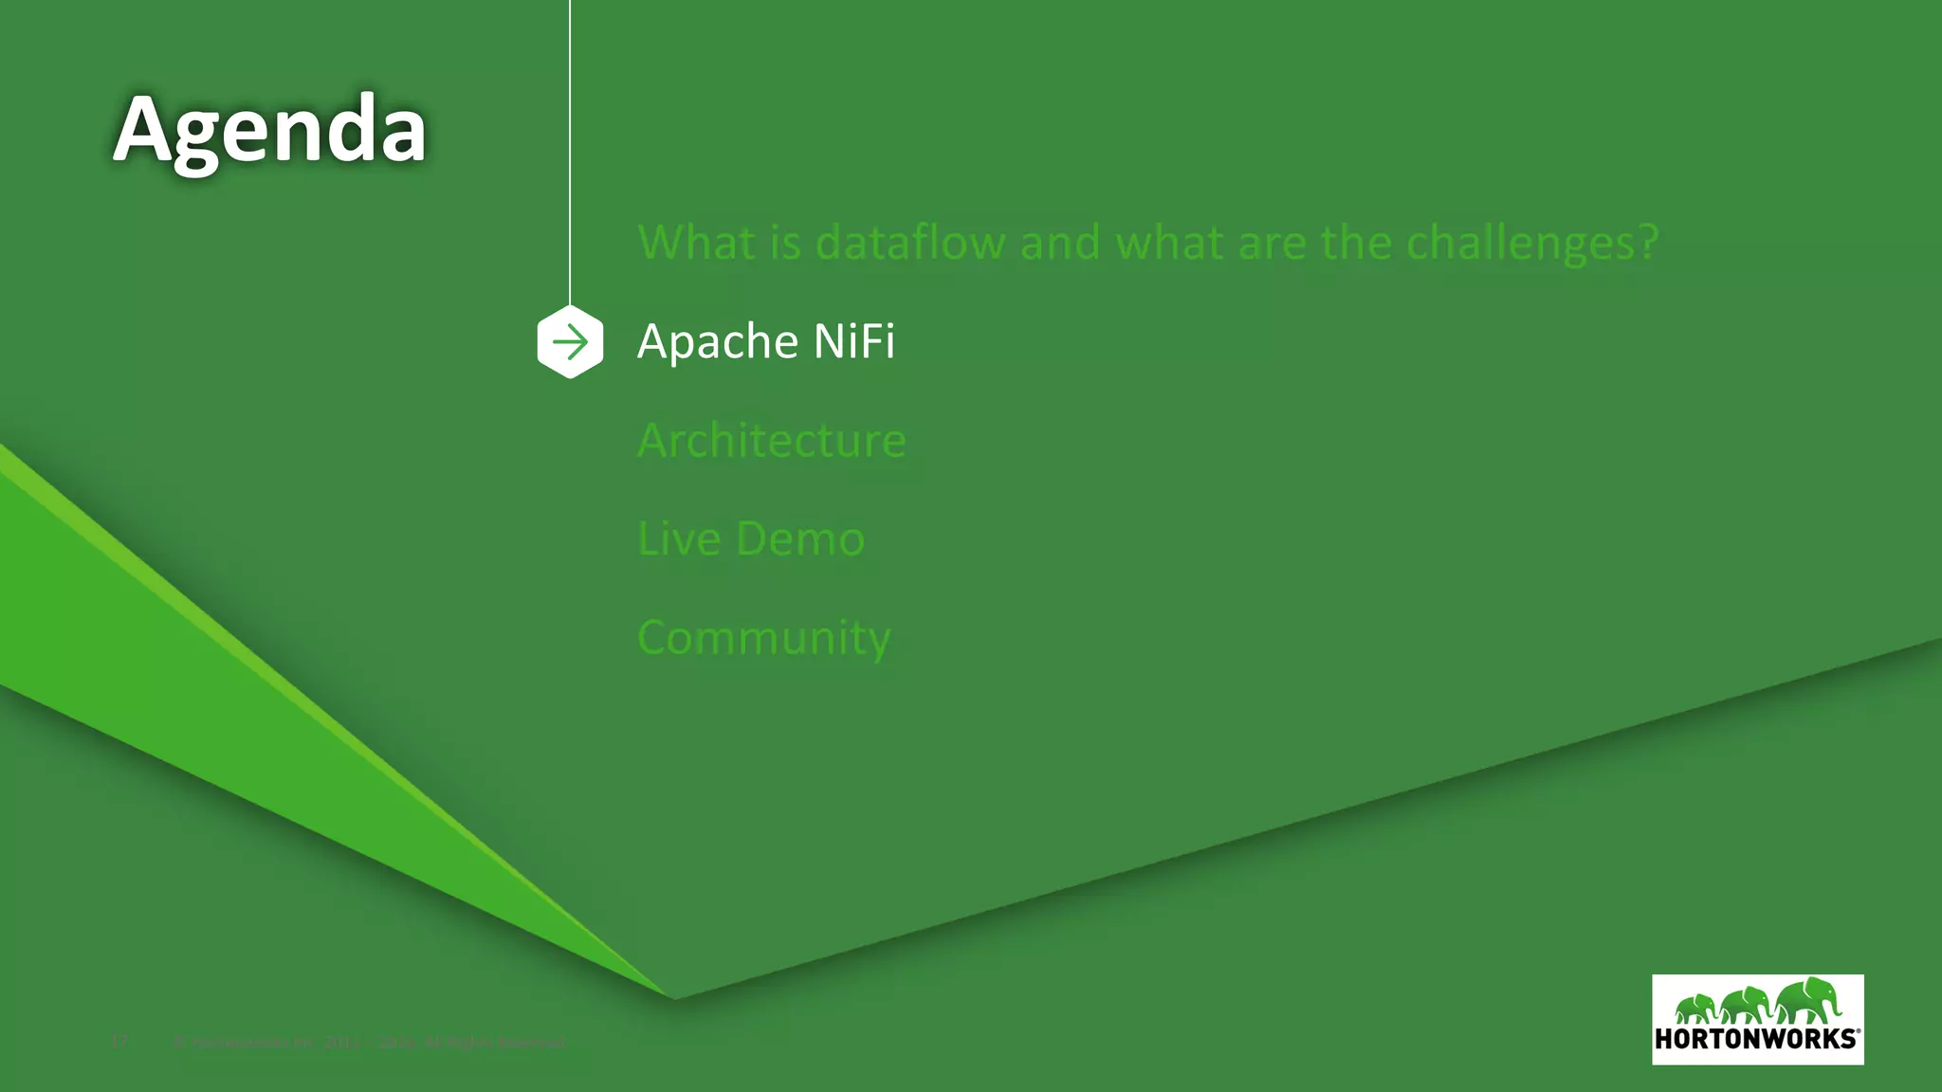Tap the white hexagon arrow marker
coord(570,342)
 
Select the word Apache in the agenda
coord(705,341)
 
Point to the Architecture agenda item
coord(772,441)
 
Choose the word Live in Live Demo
coord(679,538)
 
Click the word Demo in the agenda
coord(800,539)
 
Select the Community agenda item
coord(764,638)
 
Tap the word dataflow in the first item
coord(910,243)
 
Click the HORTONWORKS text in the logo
coord(1755,1039)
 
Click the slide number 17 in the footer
coord(119,1043)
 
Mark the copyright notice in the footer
coord(370,1043)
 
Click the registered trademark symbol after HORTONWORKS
coord(1859,1030)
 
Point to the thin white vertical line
coord(570,152)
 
